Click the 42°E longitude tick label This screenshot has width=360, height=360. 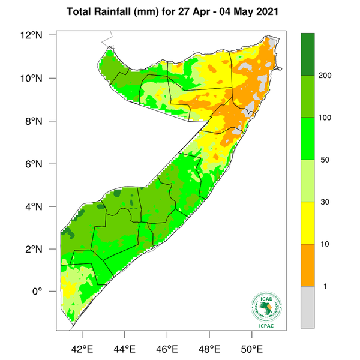82,347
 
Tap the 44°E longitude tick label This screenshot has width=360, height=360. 125,347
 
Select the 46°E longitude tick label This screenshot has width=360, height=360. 167,347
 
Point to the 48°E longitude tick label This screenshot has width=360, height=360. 209,347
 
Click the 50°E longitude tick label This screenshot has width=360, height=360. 252,347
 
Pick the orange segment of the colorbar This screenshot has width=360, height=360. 308,265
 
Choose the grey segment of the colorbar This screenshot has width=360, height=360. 308,307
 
